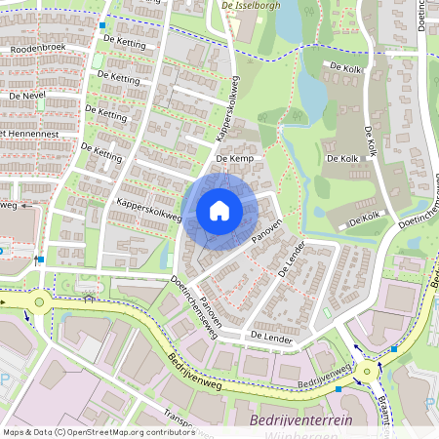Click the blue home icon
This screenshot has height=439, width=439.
pos(219,211)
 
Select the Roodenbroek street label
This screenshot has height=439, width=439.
pos(37,48)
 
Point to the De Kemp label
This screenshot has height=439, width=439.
pos(234,158)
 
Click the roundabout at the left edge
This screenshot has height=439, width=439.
pos(38,302)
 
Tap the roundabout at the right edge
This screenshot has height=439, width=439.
pos(368,371)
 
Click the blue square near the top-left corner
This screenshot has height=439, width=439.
pos(102,25)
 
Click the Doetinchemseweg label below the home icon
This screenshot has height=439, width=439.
pos(193,305)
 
